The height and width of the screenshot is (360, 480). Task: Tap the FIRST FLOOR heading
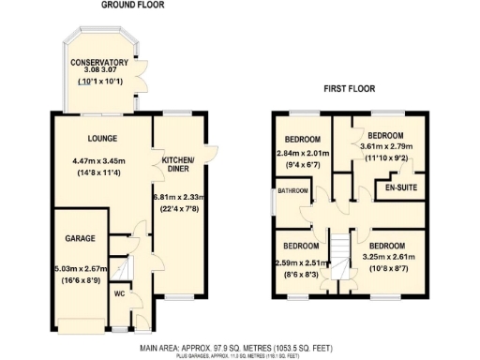pos(350,89)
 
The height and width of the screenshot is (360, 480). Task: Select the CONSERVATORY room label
pos(97,63)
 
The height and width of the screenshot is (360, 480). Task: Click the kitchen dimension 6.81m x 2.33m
pos(177,197)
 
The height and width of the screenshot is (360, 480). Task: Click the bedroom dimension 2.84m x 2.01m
pos(303,153)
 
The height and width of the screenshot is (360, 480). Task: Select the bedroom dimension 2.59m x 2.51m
pos(303,264)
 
